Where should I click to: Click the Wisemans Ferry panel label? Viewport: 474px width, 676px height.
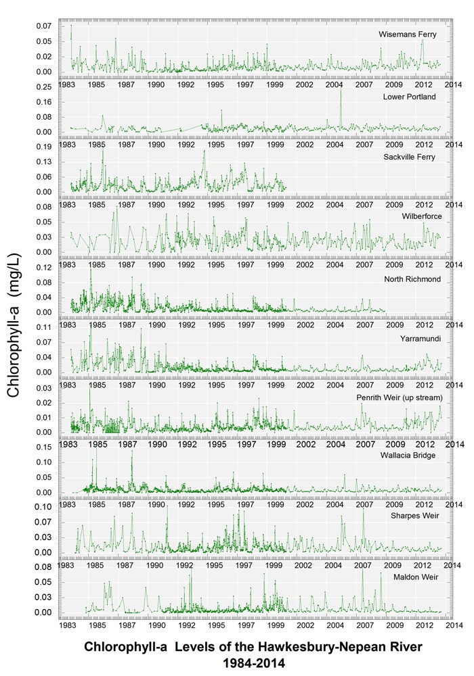[407, 34]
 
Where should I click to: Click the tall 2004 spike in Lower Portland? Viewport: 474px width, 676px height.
[341, 91]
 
